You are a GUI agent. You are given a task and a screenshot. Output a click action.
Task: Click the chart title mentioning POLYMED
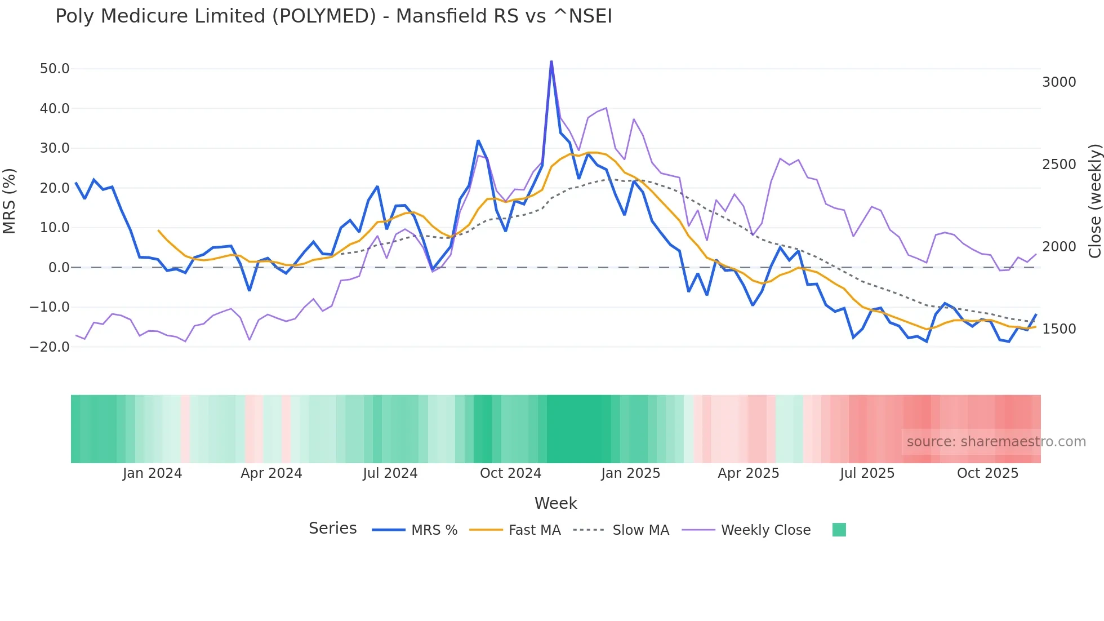[333, 16]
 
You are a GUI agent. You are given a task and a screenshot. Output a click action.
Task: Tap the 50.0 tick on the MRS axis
[55, 69]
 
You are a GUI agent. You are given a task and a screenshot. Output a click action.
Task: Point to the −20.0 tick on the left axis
[50, 347]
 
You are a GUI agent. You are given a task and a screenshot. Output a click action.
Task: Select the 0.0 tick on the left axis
[59, 268]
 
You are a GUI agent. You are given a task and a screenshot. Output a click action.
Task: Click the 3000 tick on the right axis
[1059, 82]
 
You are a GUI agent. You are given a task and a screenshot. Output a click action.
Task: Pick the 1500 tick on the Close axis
[1059, 329]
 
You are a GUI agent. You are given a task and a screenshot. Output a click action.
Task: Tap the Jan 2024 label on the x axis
[152, 473]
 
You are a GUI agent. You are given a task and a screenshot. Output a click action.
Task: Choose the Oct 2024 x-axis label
[510, 473]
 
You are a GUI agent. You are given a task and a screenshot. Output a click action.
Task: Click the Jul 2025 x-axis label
[867, 473]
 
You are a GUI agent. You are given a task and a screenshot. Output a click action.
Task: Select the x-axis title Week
[555, 503]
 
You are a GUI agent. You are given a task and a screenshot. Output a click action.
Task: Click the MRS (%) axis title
[10, 201]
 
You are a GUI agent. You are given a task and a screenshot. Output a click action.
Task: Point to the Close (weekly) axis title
[1094, 201]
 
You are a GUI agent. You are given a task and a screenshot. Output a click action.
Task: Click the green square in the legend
[839, 530]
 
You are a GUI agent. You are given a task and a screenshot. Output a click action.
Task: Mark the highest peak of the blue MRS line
[551, 61]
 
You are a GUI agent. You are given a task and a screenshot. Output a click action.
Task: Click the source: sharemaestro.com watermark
[996, 442]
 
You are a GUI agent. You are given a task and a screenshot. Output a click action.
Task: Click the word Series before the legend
[332, 529]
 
